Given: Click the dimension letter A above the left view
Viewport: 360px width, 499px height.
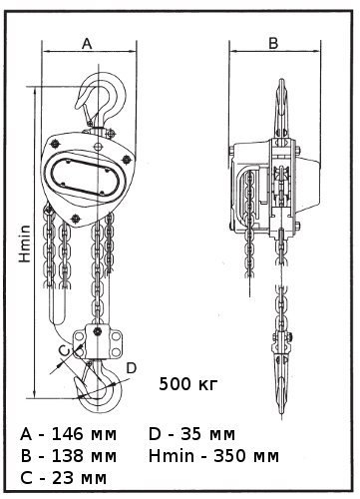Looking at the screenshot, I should [x=86, y=43].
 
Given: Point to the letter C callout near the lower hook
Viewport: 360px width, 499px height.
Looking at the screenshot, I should [x=65, y=350].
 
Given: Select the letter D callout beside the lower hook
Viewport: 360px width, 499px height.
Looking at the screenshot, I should [x=131, y=368].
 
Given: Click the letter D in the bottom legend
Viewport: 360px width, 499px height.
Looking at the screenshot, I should [x=152, y=434].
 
